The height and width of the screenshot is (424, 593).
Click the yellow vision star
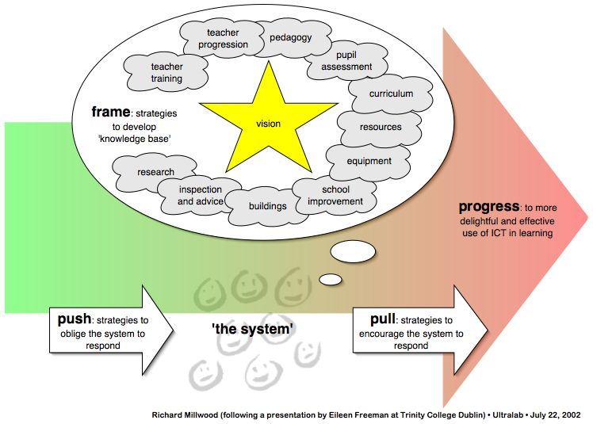point(268,123)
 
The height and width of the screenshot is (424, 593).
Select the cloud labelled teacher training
point(166,73)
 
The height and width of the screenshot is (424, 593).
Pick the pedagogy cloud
point(290,38)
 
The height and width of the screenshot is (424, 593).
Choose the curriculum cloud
point(391,94)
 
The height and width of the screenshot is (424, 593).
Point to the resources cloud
point(381,127)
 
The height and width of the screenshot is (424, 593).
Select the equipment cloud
point(369,161)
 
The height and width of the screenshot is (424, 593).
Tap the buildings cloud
point(267,206)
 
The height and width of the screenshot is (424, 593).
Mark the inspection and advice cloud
point(200,195)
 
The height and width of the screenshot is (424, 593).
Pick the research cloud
point(155,171)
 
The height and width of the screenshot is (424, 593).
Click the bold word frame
point(111,112)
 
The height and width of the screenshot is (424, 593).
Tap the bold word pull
point(385,319)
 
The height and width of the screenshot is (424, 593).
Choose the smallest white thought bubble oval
point(331,279)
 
